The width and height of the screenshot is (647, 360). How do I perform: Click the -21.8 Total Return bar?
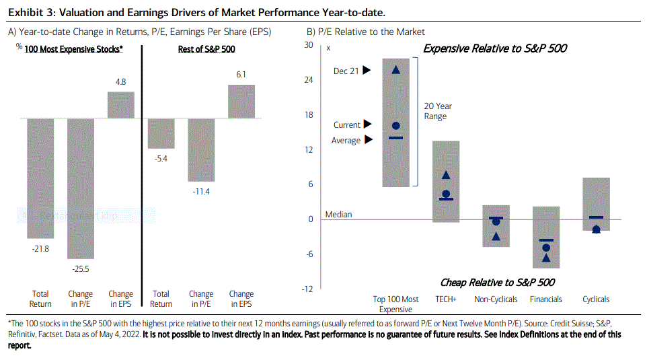click(x=40, y=178)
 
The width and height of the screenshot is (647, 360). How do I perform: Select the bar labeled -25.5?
click(x=81, y=188)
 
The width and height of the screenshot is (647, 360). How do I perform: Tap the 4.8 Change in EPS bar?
click(x=121, y=105)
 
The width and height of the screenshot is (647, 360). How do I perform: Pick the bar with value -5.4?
click(x=161, y=133)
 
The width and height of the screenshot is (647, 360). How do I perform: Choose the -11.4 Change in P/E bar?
click(x=201, y=150)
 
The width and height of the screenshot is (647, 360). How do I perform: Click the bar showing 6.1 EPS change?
click(x=241, y=102)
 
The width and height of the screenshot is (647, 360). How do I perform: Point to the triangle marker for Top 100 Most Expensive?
click(x=396, y=69)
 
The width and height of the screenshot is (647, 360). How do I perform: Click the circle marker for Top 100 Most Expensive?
click(x=396, y=126)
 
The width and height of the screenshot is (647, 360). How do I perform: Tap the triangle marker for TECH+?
click(x=445, y=176)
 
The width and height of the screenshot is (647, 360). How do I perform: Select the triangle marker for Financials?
click(x=546, y=257)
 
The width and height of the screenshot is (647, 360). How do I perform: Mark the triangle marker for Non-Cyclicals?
click(x=496, y=236)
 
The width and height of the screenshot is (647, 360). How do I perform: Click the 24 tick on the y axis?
click(x=309, y=80)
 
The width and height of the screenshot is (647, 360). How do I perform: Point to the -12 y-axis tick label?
click(x=307, y=289)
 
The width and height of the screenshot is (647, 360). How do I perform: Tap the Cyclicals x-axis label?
click(x=596, y=299)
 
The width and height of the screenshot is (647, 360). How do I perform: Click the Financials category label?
click(x=546, y=299)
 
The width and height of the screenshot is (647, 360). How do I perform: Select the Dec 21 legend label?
click(x=346, y=70)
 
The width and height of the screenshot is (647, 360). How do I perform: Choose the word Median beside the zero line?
click(x=338, y=215)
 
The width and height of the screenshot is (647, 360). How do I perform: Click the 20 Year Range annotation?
click(x=438, y=111)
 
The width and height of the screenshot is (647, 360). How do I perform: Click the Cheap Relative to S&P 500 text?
click(x=497, y=283)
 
